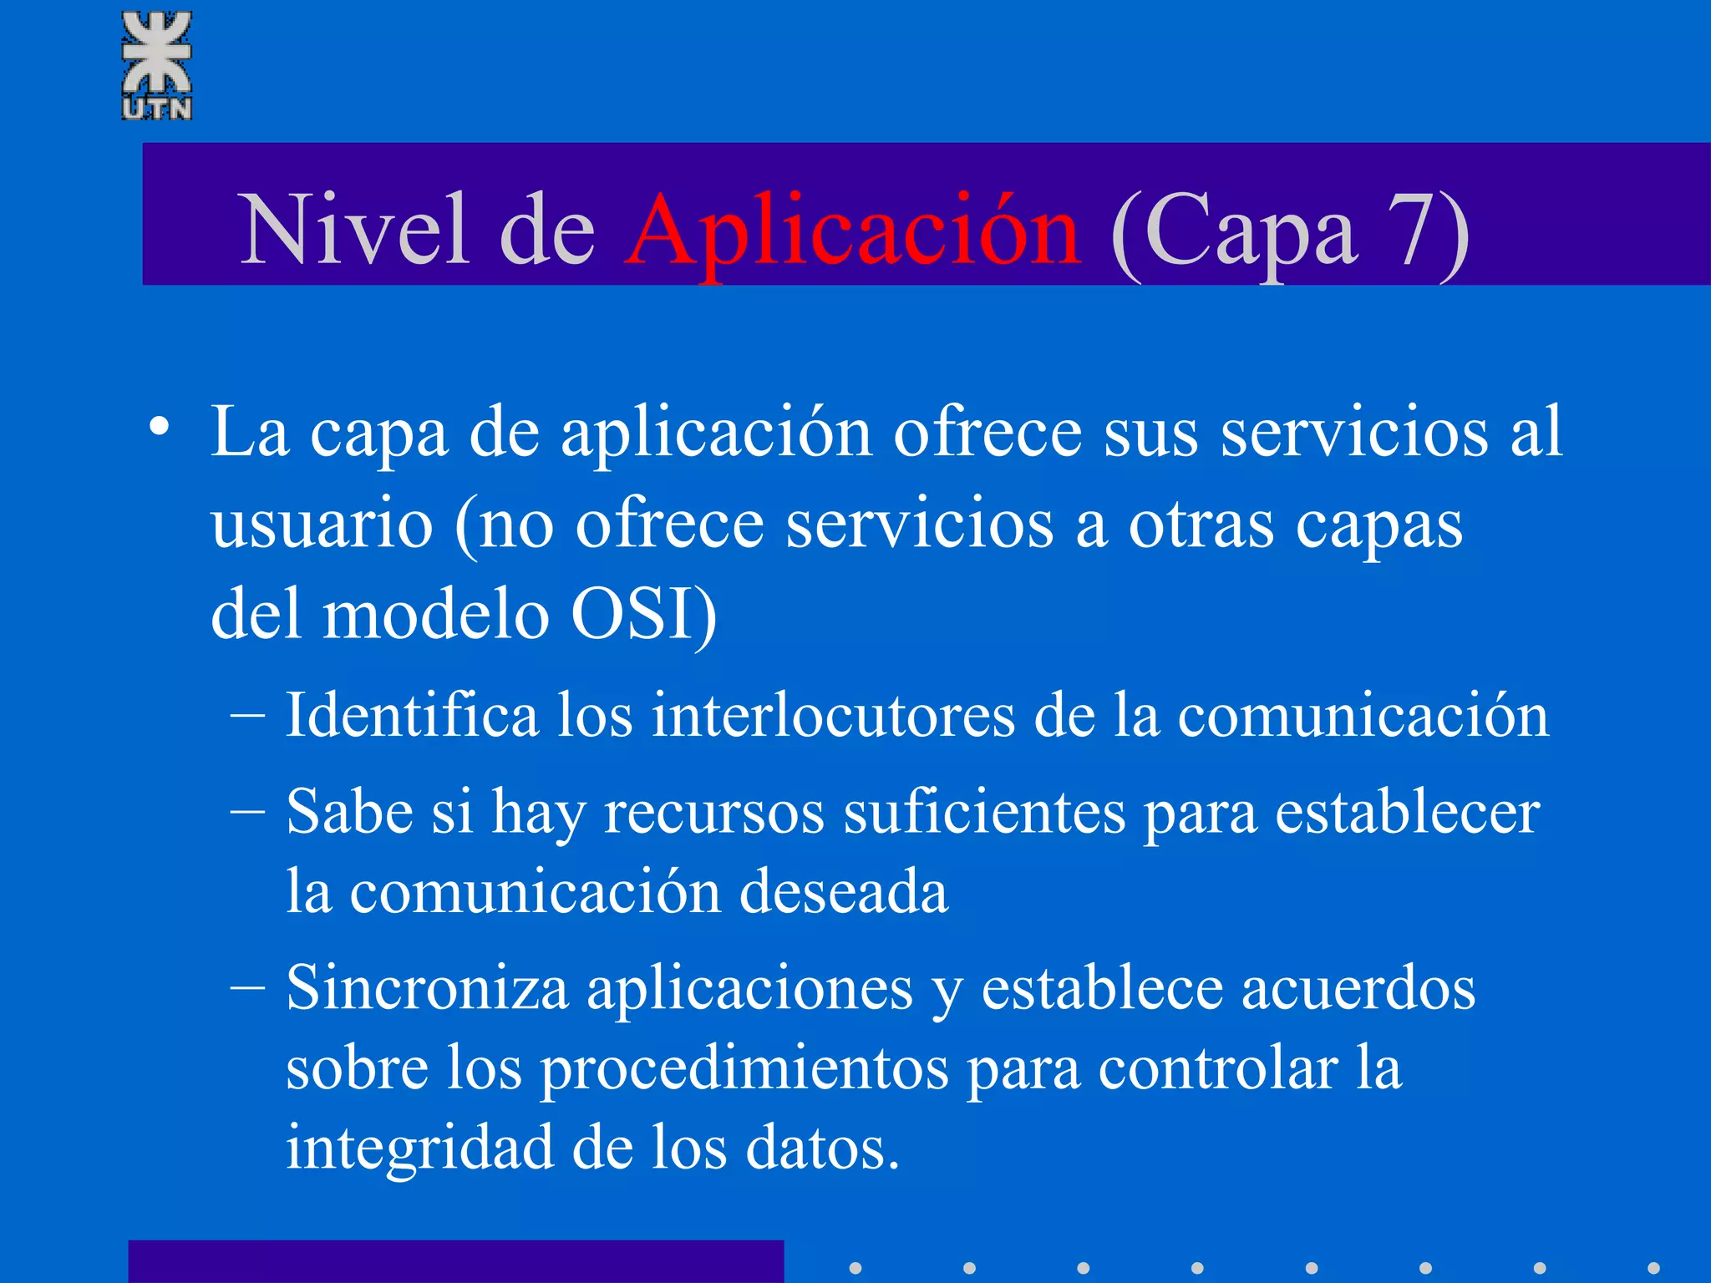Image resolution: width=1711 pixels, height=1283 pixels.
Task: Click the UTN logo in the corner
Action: (157, 65)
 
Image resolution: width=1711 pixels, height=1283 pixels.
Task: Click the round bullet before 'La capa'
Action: (159, 427)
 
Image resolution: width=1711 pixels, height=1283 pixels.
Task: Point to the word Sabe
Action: (350, 811)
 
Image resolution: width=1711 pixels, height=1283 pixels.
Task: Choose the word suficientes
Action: (983, 812)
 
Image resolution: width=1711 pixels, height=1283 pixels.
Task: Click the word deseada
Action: (844, 891)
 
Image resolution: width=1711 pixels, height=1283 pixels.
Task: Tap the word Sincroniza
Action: (427, 988)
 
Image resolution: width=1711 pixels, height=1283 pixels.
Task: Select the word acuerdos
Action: (1358, 988)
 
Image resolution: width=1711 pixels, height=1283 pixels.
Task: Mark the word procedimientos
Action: (743, 1069)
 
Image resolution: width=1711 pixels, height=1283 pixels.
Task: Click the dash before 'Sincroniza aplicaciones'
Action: (247, 988)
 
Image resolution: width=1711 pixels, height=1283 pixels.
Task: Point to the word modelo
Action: (435, 613)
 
